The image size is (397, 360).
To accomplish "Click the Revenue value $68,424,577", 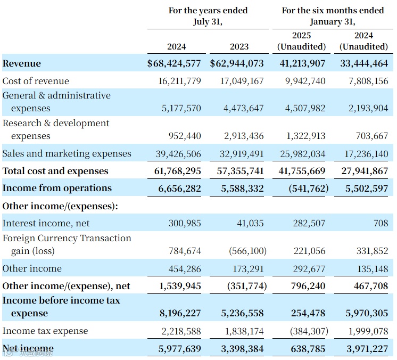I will click(x=174, y=63).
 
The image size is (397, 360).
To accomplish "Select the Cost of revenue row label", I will click(x=36, y=81).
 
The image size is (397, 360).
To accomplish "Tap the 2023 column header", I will click(x=239, y=46).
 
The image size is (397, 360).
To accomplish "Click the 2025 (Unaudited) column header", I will click(x=301, y=42).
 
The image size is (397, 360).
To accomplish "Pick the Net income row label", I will click(x=28, y=349).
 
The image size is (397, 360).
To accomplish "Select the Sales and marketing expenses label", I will click(x=67, y=153).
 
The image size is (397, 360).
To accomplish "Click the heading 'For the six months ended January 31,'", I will click(x=333, y=16).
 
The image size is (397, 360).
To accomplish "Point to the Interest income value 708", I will click(x=381, y=223).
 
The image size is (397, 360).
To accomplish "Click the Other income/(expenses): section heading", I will click(x=60, y=206).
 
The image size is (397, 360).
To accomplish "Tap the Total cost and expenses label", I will click(x=55, y=171).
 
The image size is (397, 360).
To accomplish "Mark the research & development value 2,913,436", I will click(x=242, y=136).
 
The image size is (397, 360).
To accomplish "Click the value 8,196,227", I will click(x=180, y=313).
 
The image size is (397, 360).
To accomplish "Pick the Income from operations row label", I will click(x=57, y=188).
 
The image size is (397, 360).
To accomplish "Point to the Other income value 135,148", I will click(x=371, y=268).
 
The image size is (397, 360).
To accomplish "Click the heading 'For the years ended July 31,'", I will click(x=208, y=16).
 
